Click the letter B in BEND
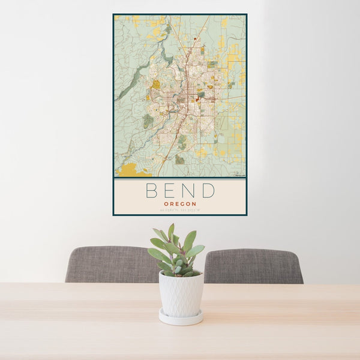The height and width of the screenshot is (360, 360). pyautogui.click(x=151, y=191)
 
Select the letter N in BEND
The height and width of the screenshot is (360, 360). pyautogui.click(x=188, y=191)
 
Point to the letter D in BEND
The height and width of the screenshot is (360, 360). pyautogui.click(x=208, y=191)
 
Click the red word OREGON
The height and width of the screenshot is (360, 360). pyautogui.click(x=179, y=203)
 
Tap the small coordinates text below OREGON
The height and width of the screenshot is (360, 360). pyautogui.click(x=179, y=210)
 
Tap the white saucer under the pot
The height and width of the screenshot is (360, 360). pyautogui.click(x=181, y=318)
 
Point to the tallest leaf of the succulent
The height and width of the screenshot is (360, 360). pyautogui.click(x=171, y=231)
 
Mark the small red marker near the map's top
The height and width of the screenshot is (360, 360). pyautogui.click(x=195, y=39)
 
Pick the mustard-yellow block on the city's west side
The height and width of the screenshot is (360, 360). pyautogui.click(x=156, y=85)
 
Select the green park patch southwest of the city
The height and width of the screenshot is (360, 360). pyautogui.click(x=148, y=121)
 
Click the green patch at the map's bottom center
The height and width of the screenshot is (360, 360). pyautogui.click(x=179, y=160)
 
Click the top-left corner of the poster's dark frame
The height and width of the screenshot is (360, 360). pyautogui.click(x=113, y=14)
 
